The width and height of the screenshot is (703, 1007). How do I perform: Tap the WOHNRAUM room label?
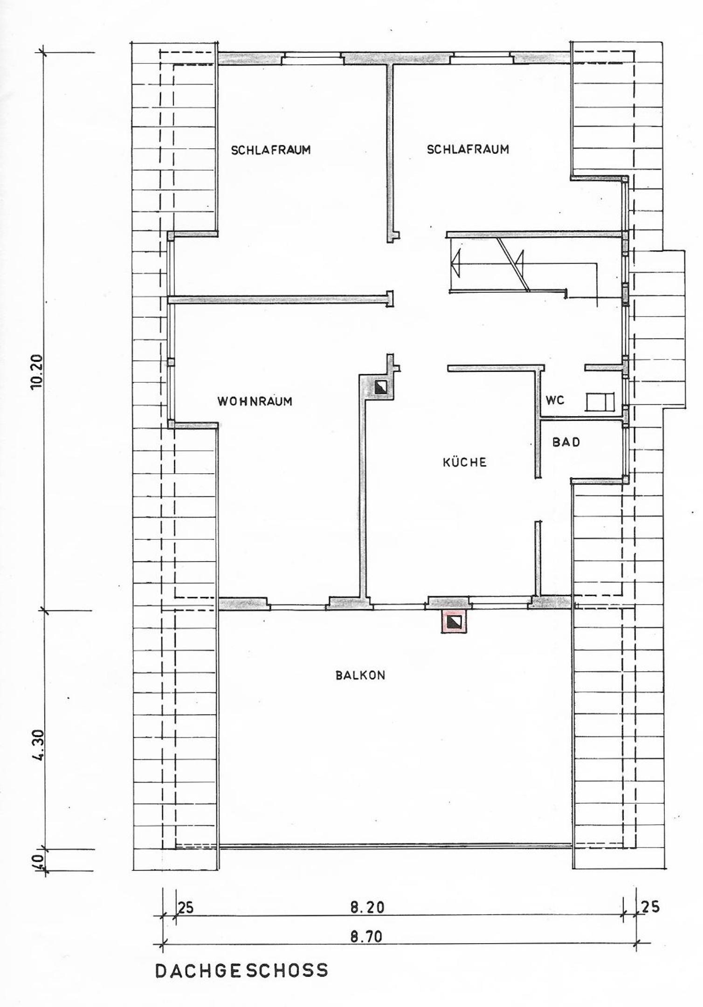pos(255,401)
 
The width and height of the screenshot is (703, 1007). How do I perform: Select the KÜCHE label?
pos(464,462)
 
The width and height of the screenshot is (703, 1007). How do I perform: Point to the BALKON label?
pos(360,675)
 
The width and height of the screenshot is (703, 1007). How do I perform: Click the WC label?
pos(555,400)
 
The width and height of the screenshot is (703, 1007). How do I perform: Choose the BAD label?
pos(566,441)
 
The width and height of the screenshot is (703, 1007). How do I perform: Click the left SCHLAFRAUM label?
pos(271,150)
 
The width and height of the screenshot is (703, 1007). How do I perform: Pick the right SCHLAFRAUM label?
pos(468,150)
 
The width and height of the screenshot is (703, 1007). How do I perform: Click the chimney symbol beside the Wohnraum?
pos(381,386)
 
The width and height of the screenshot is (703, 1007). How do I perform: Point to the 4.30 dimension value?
pos(38,745)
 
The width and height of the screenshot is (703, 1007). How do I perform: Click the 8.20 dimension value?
pos(367,905)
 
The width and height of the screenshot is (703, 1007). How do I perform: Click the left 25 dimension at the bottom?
pos(185,906)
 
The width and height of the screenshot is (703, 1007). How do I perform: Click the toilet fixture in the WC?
pos(600,402)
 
